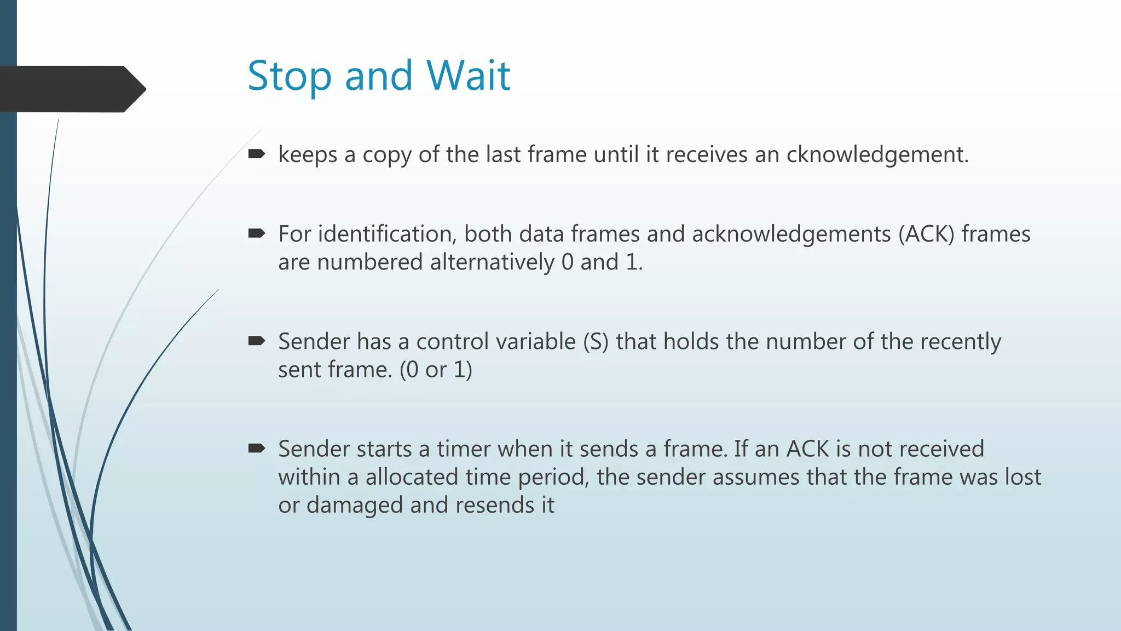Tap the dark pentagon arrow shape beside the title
pos(71,89)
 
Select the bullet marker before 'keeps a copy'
pos(256,154)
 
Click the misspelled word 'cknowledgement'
pos(877,154)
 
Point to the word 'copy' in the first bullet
pos(387,156)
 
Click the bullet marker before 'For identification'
pos(256,234)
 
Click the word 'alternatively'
pos(492,262)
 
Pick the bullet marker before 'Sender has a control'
pos(256,341)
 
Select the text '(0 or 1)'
pos(436,370)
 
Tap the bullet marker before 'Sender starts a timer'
pos(256,449)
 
